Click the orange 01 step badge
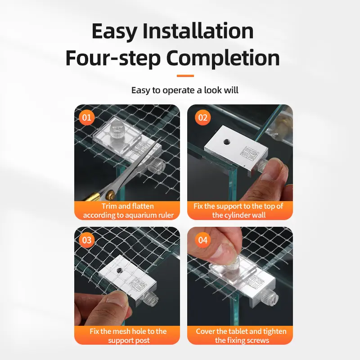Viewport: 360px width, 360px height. pos(86,118)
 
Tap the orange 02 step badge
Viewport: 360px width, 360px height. pos(203,118)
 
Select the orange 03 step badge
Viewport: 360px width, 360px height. pos(86,240)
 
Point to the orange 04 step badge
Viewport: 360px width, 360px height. pos(203,240)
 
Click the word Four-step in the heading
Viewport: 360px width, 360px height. pos(112,58)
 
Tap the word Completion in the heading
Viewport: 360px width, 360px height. pos(223,58)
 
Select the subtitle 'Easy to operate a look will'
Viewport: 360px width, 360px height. pos(185,90)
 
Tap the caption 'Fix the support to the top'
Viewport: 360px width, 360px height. pos(238,211)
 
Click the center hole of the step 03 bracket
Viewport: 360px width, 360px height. pos(119,271)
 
